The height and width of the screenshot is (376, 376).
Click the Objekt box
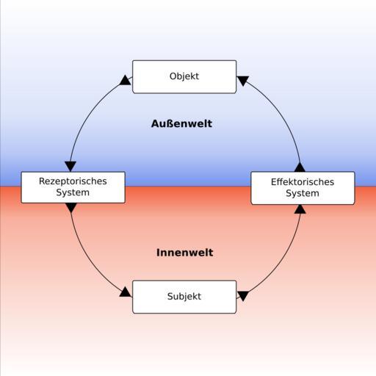(184, 76)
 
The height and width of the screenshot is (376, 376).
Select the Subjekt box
(184, 297)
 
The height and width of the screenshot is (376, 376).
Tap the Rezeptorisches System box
(73, 187)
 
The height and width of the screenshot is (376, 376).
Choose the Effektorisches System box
(303, 188)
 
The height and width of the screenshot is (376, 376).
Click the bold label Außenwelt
(181, 123)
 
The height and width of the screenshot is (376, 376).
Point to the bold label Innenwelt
(185, 253)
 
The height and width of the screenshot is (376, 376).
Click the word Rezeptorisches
(73, 181)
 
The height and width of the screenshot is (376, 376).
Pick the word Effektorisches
(303, 182)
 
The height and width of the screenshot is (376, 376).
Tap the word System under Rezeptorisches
(73, 192)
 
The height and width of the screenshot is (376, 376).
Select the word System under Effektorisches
(303, 193)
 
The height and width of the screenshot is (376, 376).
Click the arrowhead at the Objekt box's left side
(126, 80)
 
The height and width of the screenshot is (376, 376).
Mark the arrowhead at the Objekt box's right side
(243, 81)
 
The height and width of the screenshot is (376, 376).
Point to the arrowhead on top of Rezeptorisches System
(70, 167)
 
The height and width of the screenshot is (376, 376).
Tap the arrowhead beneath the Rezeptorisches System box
(71, 208)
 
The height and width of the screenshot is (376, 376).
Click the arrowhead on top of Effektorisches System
(300, 167)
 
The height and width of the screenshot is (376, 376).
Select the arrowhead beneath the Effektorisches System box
(300, 209)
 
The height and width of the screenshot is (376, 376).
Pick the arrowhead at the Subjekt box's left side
(126, 292)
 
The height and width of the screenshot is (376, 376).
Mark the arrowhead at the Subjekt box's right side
(243, 296)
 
